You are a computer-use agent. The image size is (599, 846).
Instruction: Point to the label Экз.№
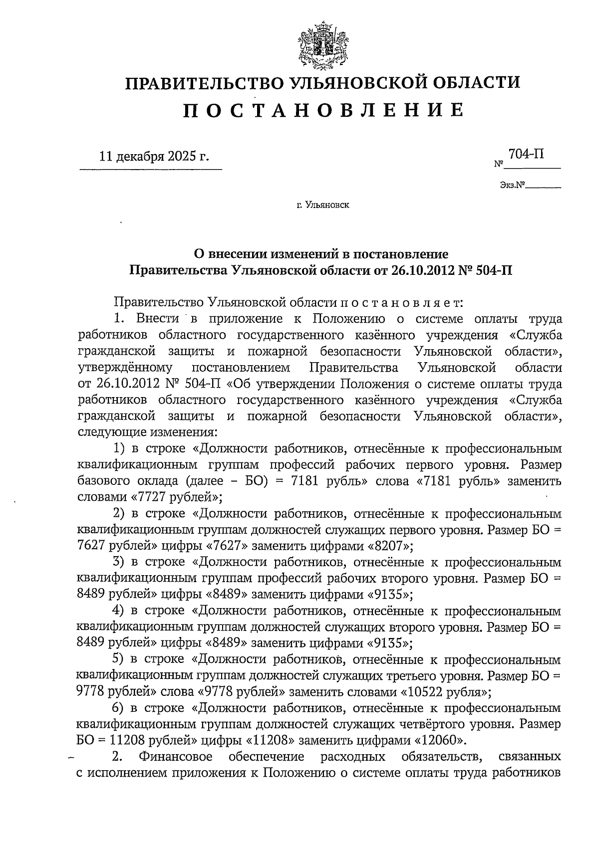(x=512, y=186)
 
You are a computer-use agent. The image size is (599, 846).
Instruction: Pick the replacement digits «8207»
(x=390, y=546)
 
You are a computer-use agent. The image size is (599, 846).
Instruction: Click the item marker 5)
(x=119, y=659)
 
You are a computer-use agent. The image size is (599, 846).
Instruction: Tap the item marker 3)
(x=119, y=562)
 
